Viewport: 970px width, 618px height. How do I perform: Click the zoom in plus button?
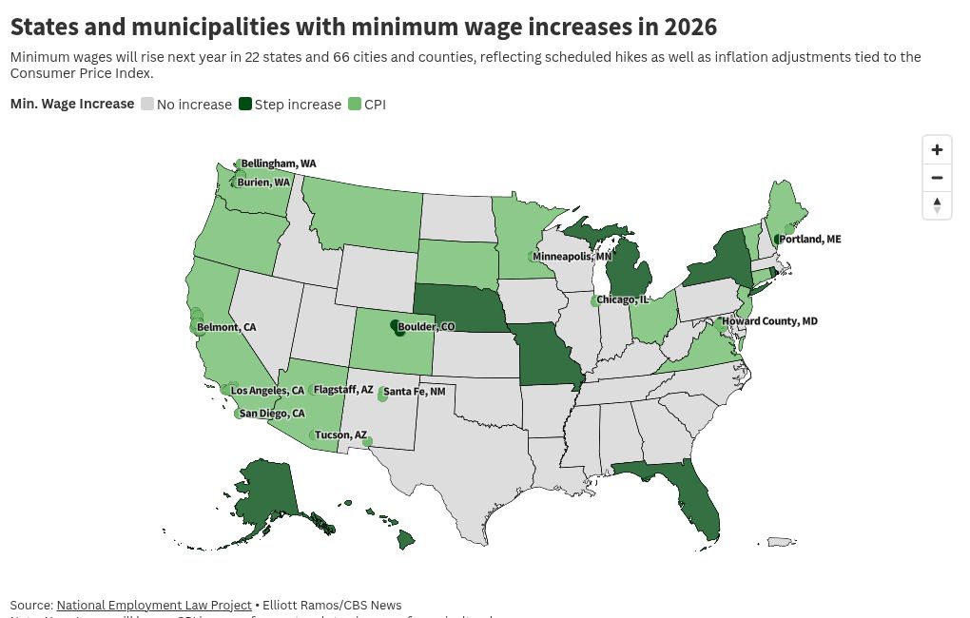tap(937, 150)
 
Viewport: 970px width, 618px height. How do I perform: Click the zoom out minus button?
tap(937, 178)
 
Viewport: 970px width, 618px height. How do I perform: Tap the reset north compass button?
tap(937, 205)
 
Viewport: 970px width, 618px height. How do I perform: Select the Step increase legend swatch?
tap(245, 105)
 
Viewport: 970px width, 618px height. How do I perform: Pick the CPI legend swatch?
tap(355, 105)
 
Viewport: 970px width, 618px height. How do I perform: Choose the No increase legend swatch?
tap(147, 105)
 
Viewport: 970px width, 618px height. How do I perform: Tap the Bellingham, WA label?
tap(278, 164)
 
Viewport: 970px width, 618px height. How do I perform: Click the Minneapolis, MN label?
tap(572, 257)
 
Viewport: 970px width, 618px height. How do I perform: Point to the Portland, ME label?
tap(809, 240)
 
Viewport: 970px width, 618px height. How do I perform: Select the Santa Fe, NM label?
tap(414, 392)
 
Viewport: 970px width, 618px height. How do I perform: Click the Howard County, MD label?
tap(769, 321)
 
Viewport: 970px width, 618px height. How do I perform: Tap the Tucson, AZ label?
tap(340, 435)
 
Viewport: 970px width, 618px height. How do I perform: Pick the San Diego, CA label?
tap(272, 414)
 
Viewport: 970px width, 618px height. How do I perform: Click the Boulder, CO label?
tap(426, 327)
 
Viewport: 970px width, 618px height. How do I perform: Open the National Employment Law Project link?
tap(154, 605)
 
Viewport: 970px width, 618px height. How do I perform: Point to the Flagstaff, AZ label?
tap(343, 390)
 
